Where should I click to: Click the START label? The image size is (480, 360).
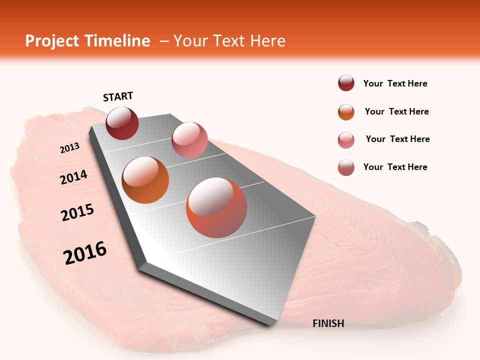118,96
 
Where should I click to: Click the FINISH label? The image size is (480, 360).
328,323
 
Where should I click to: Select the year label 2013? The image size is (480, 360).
70,148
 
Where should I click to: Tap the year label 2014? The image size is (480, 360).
74,177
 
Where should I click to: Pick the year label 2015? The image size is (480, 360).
77,212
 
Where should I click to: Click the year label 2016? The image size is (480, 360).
85,253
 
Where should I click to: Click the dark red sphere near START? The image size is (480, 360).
122,123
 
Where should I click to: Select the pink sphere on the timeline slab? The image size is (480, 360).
189,140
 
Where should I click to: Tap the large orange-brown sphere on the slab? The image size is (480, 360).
145,180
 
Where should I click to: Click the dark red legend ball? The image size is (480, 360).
346,83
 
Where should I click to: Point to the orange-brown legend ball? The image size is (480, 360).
346,112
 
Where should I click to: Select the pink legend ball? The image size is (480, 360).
346,140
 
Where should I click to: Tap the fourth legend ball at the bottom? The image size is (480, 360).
346,167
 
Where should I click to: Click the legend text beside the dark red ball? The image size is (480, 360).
395,84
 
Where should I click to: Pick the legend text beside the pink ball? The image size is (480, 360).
397,139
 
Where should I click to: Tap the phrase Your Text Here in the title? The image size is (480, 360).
229,41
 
